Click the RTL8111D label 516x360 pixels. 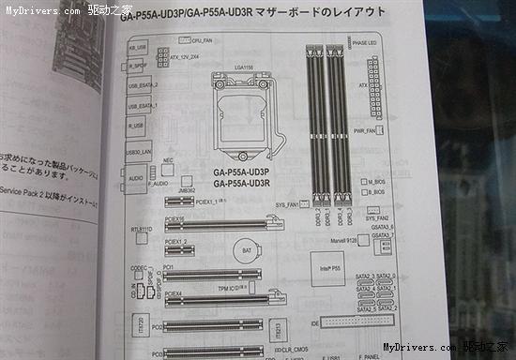pyautogui.click(x=141, y=228)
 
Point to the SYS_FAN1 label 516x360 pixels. pyautogui.click(x=285, y=202)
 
